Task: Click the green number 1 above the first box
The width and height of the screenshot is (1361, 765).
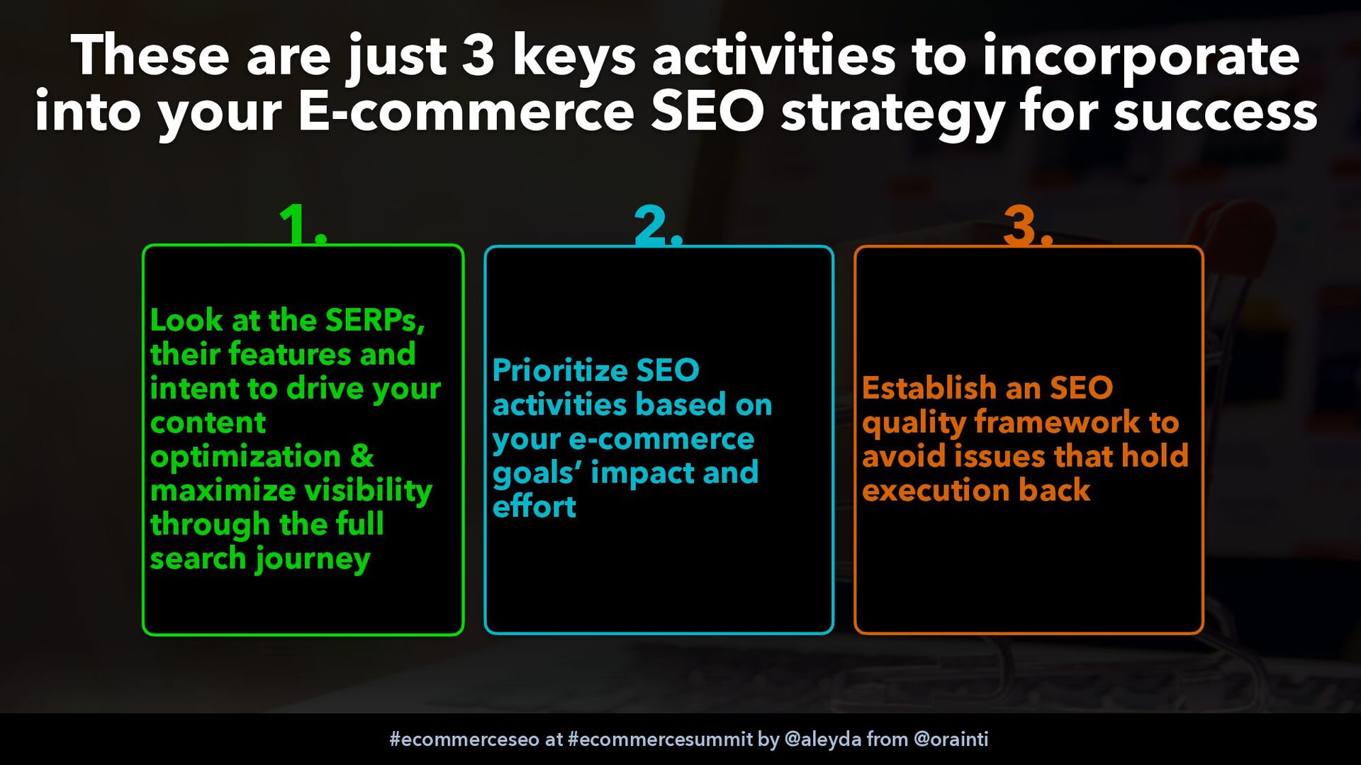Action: point(296,225)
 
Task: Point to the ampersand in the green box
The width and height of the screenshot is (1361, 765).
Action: point(362,455)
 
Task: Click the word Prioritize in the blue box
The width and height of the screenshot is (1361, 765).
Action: point(560,370)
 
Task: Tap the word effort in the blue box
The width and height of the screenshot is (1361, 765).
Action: point(534,506)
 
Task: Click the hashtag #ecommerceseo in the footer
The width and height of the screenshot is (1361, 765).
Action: point(464,739)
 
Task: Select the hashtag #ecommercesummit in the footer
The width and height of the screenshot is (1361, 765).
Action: point(660,739)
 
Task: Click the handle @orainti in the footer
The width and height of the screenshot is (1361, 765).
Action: point(951,739)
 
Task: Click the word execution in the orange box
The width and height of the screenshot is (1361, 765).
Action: point(936,490)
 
